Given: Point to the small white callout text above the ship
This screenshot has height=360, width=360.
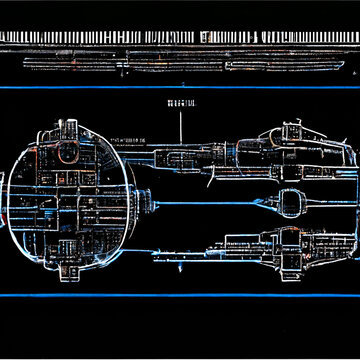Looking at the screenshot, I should tap(180, 104).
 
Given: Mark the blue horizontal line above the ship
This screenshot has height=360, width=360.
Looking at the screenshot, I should tap(180, 87).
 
